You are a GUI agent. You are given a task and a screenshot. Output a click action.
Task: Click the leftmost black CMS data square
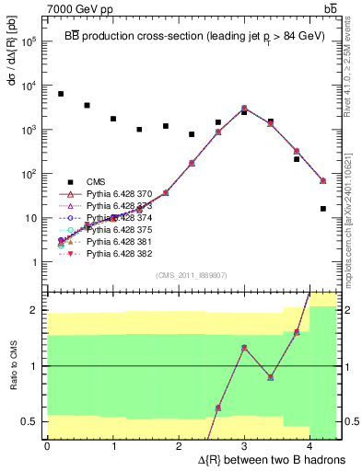click(61, 94)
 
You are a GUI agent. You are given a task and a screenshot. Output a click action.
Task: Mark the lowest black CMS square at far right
click(323, 209)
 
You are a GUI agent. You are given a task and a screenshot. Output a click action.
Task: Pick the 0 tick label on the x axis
click(47, 446)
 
